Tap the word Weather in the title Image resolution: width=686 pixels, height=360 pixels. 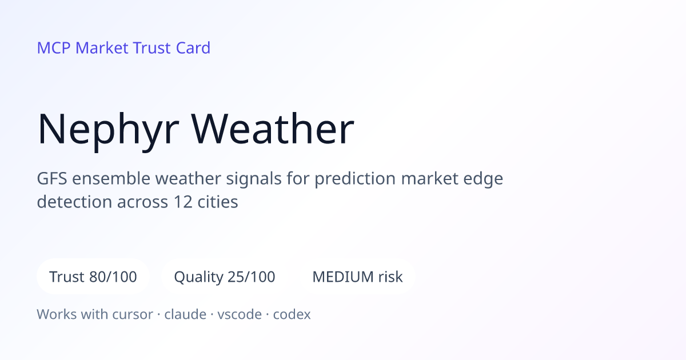[273, 128]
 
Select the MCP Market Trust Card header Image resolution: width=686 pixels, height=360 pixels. [123, 48]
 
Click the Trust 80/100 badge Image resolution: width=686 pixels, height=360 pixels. [93, 277]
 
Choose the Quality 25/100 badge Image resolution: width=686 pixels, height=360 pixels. [225, 277]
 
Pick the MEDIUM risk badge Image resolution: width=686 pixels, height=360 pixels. [357, 277]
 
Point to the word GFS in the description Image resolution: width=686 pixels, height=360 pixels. [52, 178]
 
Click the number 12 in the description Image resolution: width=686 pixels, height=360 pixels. [183, 202]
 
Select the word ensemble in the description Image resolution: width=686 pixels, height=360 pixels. [111, 178]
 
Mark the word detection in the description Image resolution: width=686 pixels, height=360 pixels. [74, 202]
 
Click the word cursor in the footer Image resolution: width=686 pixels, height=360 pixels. [133, 315]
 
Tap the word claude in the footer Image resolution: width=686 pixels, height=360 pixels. [185, 314]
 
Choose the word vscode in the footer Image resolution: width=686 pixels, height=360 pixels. [240, 314]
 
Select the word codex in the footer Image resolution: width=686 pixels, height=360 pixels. [292, 314]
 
